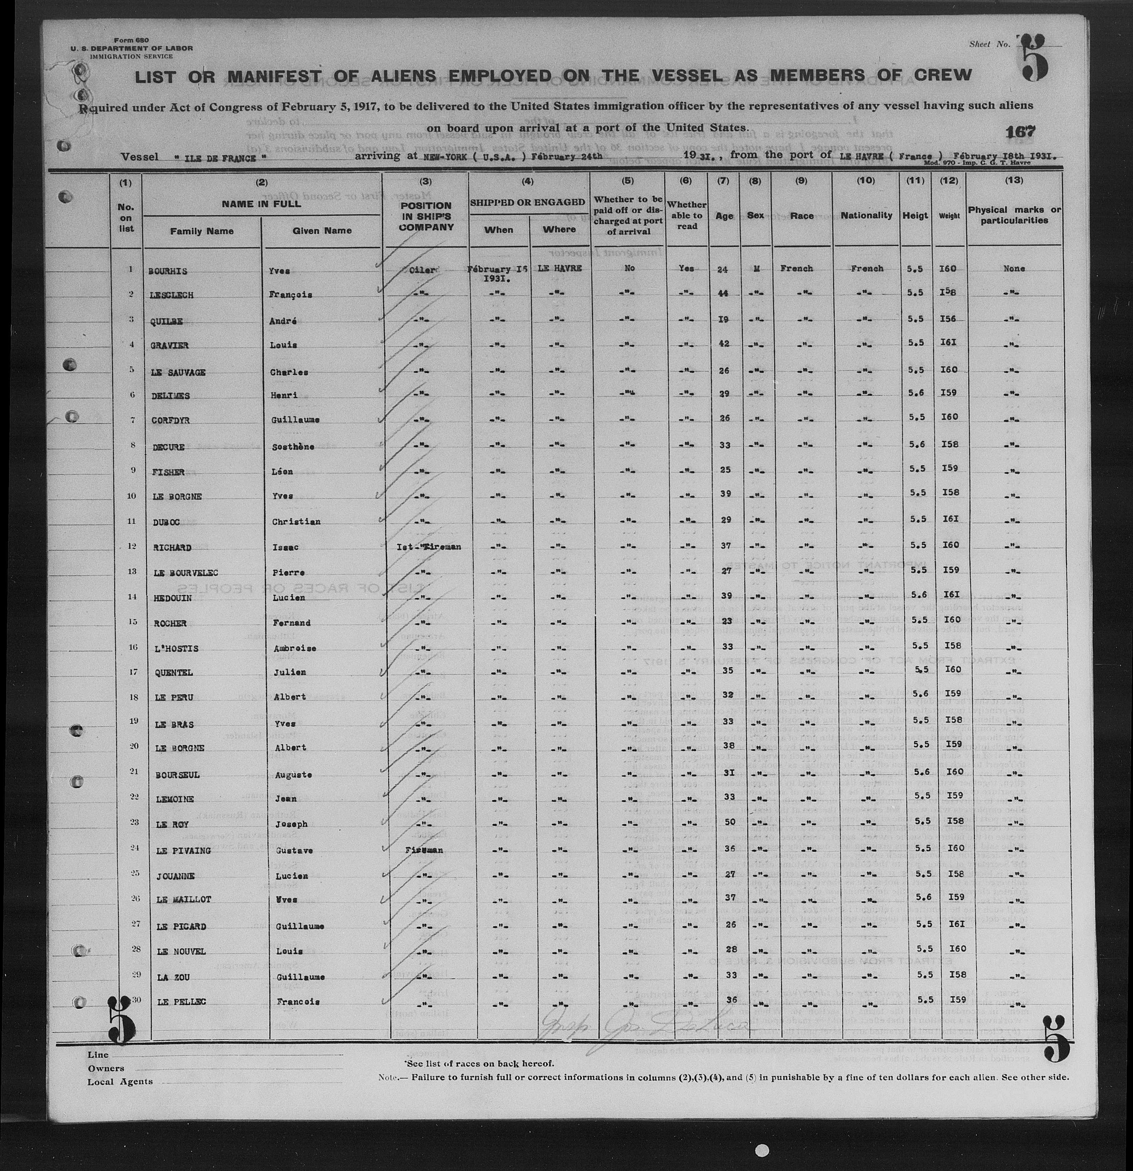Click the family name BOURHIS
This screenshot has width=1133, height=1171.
168,271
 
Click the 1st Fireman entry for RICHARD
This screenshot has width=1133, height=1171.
428,547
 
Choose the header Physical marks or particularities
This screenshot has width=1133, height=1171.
1014,215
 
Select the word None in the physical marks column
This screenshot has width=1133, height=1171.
1014,269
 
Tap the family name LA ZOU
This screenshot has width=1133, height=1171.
173,977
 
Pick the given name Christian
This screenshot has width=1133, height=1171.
296,522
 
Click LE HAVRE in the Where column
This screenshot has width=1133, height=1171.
559,269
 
